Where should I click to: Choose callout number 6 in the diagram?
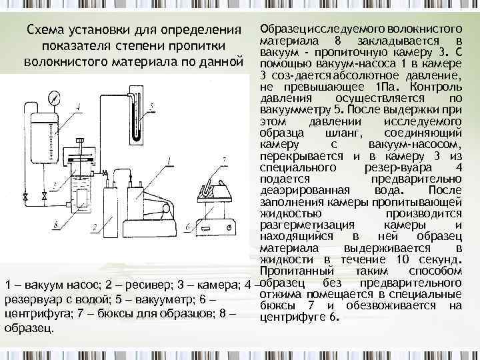click(189, 227)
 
